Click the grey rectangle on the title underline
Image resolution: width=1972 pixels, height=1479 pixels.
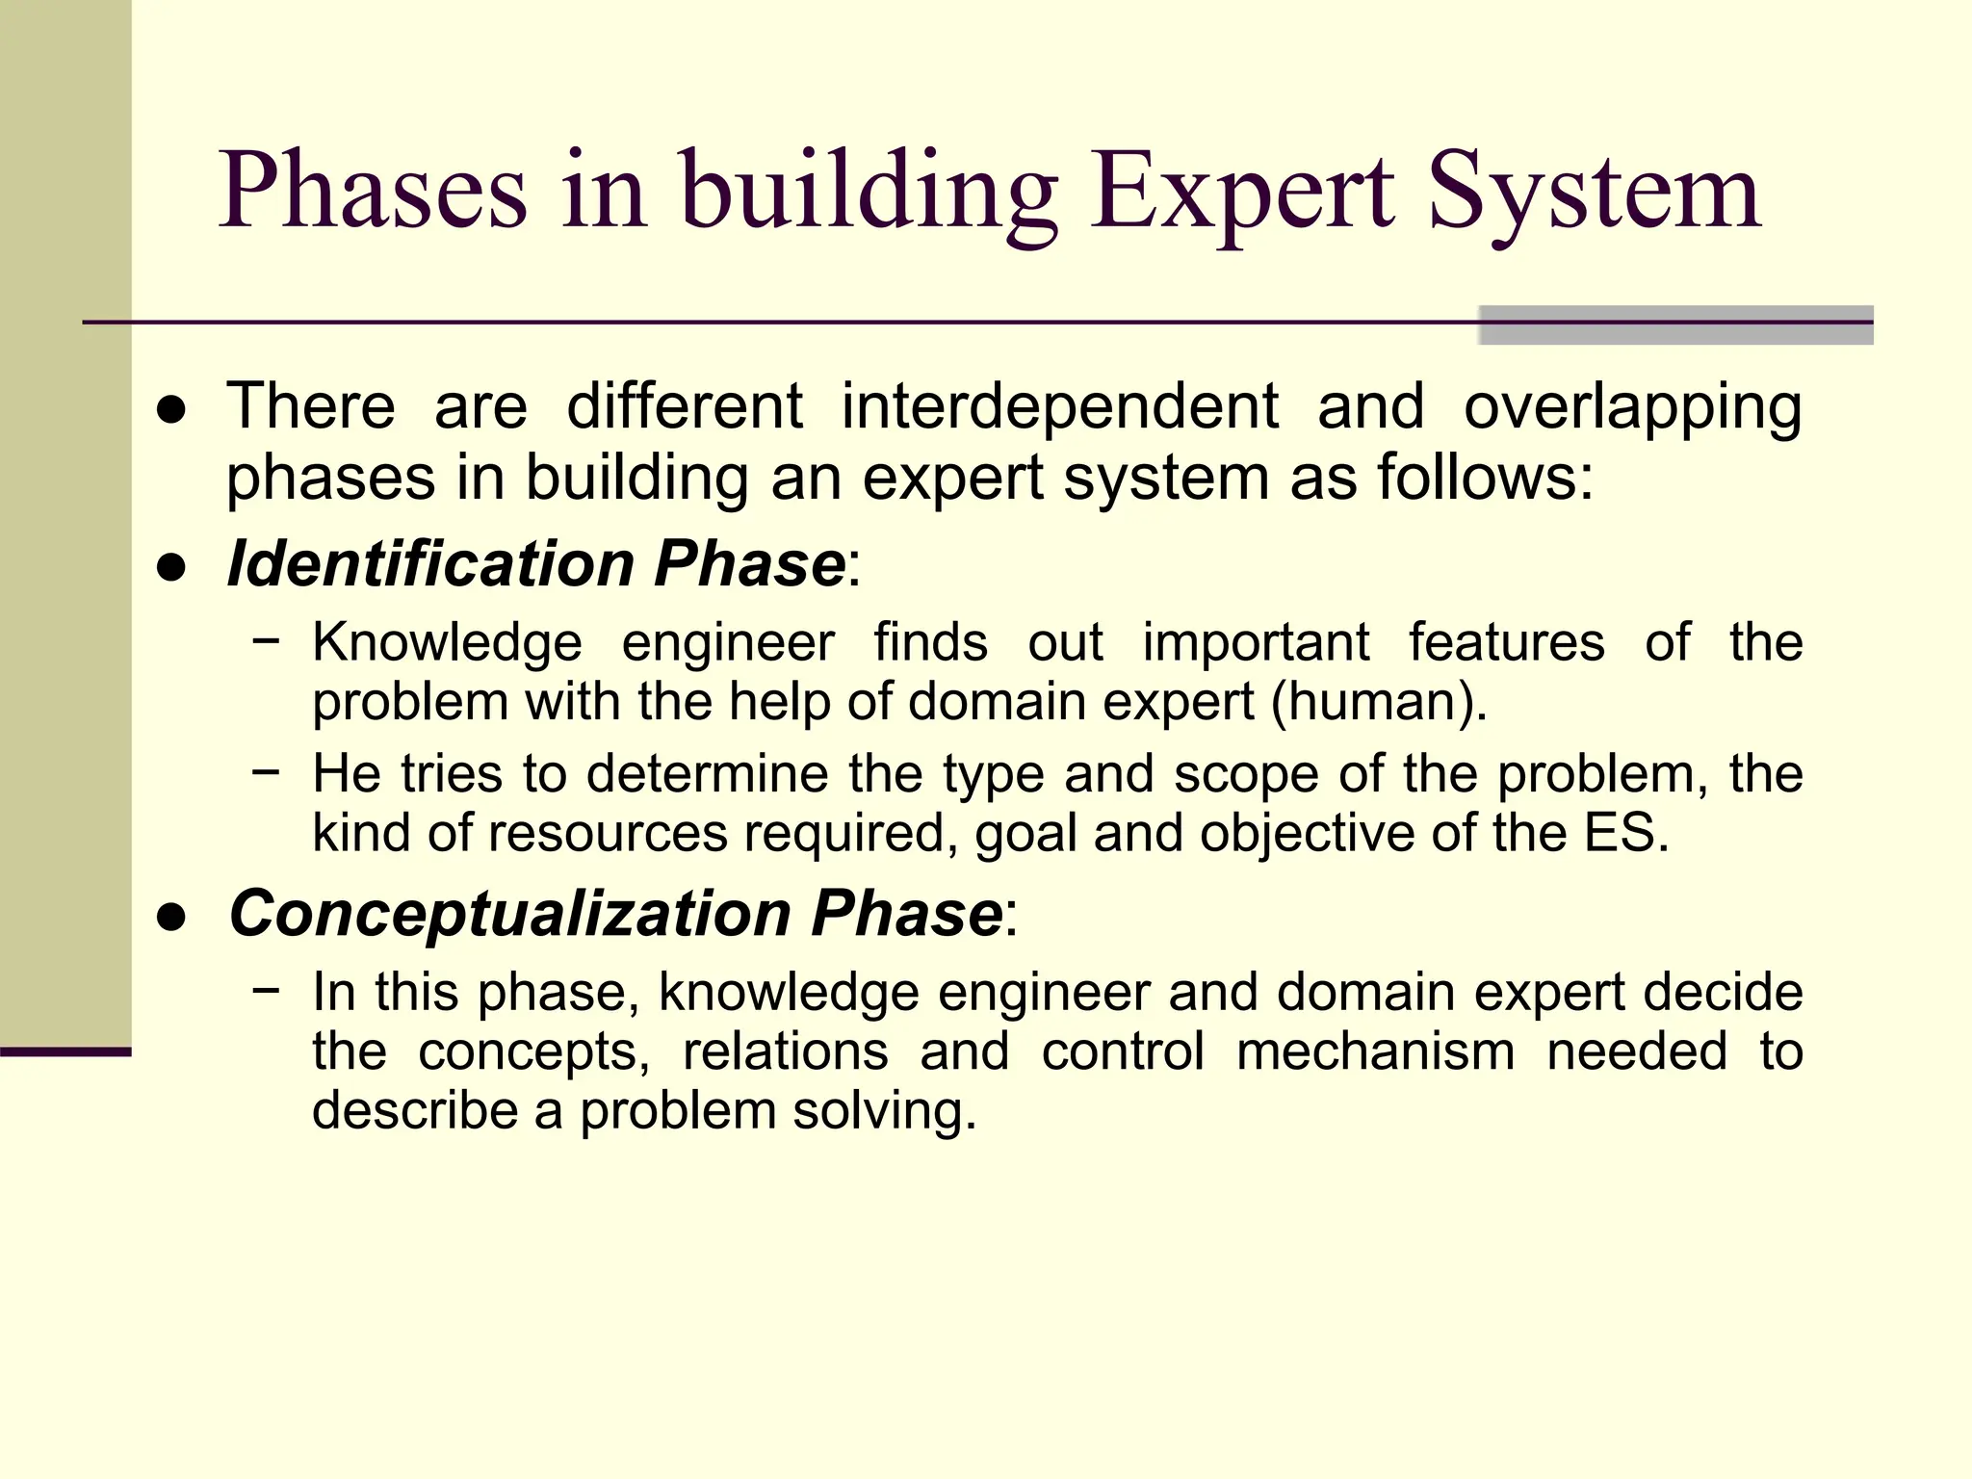click(1675, 325)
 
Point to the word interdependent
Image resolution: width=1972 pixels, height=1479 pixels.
click(1059, 406)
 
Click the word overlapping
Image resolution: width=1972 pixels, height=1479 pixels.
click(1632, 408)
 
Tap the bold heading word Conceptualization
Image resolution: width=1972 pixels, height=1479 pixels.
click(509, 913)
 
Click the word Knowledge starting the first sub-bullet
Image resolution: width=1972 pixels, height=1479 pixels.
click(447, 643)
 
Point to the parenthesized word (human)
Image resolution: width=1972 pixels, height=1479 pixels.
click(1379, 702)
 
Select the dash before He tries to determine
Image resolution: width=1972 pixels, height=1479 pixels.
click(266, 771)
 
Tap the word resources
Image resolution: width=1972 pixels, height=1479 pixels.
click(608, 833)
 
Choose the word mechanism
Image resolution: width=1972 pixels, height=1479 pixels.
click(1375, 1051)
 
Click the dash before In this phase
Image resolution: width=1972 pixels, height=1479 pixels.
click(266, 990)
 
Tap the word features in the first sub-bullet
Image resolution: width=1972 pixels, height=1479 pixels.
click(1507, 643)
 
